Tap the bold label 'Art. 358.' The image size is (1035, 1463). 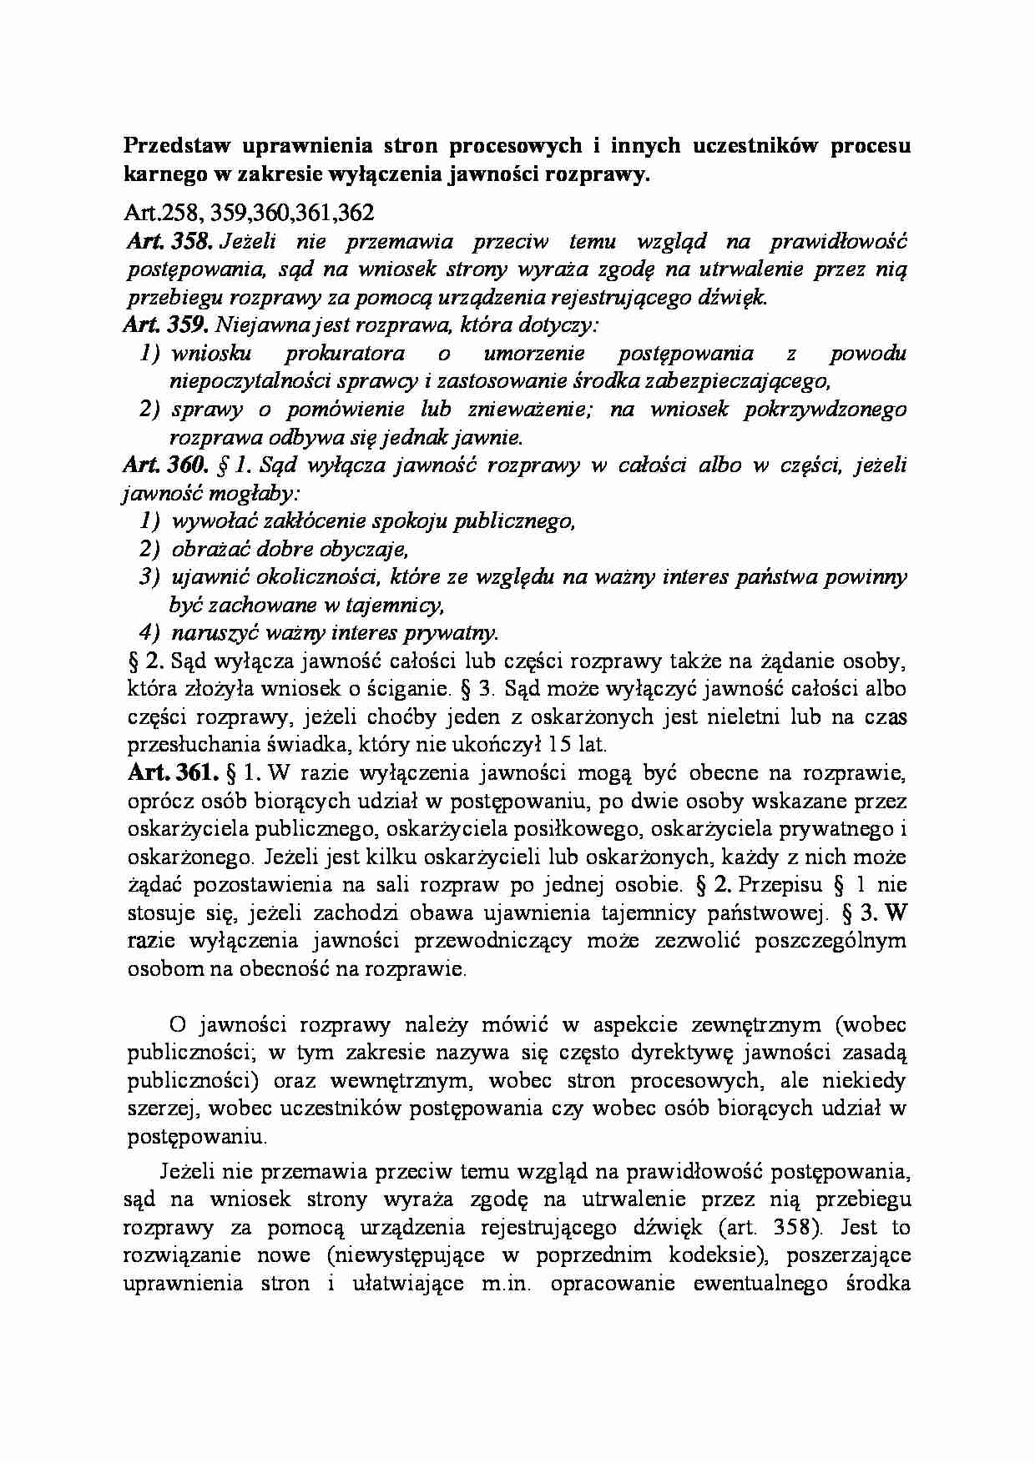point(171,242)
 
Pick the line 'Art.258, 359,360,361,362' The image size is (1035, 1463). point(248,213)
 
